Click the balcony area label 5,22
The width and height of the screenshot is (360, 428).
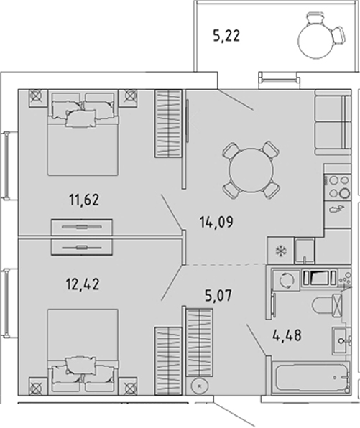pos(226,36)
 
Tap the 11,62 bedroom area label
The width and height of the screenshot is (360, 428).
pos(84,200)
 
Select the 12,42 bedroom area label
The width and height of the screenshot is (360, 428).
pos(83,284)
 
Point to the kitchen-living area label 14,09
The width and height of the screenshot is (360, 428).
pos(216,222)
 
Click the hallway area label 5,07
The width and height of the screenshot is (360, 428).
pos(218,295)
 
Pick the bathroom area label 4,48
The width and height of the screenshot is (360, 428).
pos(287,335)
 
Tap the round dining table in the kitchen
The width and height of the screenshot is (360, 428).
pos(251,169)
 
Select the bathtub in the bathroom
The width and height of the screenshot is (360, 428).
pos(311,377)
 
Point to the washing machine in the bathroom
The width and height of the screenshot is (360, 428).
pos(286,280)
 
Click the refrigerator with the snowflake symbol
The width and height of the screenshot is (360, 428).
pos(280,251)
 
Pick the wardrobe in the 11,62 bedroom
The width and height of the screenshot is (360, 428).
pos(169,124)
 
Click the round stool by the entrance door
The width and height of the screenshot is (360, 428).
pos(199,386)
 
